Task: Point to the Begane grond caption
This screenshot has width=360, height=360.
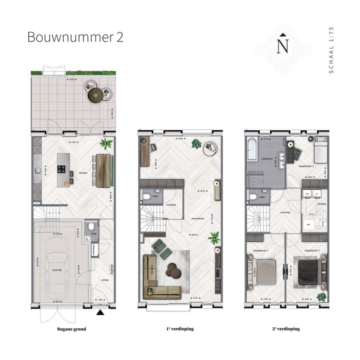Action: [x=72, y=329]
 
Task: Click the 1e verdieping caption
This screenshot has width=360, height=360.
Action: [x=180, y=329]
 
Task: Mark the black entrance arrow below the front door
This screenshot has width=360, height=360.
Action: [x=100, y=312]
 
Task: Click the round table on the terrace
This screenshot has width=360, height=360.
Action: [x=95, y=93]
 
